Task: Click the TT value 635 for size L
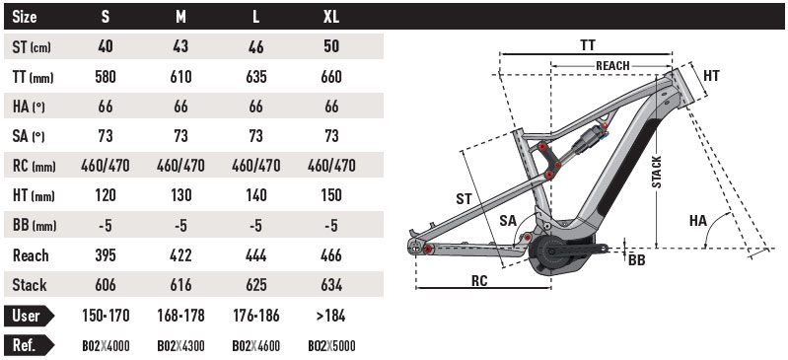(256, 77)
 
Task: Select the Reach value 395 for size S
(105, 255)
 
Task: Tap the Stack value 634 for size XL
(331, 285)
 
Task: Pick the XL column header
(331, 17)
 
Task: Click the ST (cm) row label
(32, 47)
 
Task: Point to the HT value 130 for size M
(180, 195)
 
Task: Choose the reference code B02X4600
(256, 346)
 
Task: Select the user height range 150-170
(106, 316)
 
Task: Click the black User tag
(29, 316)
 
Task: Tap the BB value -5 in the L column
(256, 226)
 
